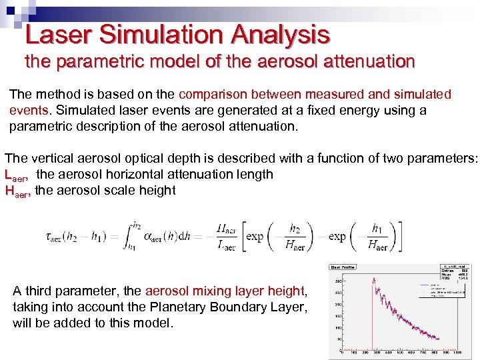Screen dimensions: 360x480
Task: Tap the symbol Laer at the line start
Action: point(17,175)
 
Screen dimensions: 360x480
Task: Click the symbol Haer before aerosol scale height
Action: point(17,191)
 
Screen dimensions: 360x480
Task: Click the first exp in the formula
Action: point(255,237)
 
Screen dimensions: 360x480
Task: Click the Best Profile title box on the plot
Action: point(343,267)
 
